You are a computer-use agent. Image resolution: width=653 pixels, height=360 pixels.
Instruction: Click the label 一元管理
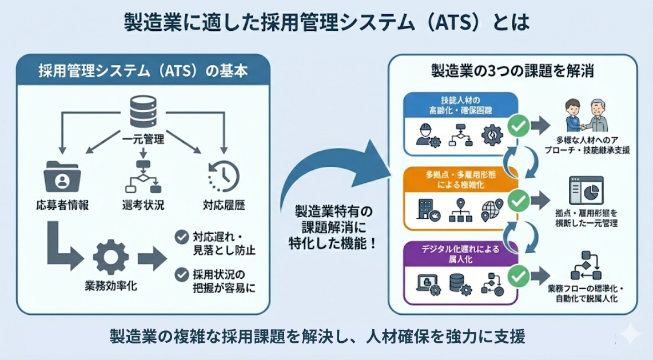tap(144, 138)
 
